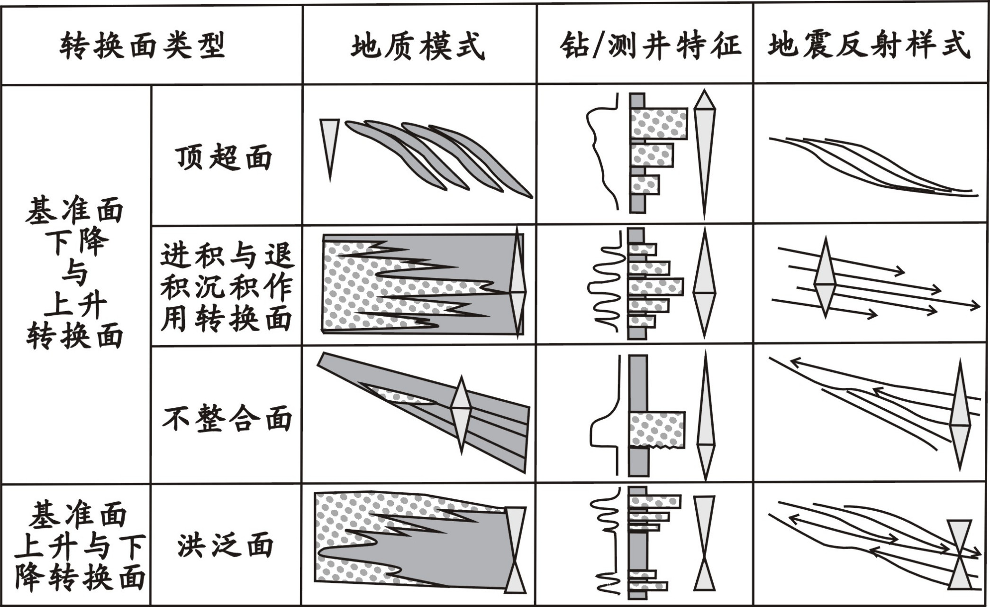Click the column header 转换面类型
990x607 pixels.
tap(142, 46)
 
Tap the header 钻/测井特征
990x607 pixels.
tap(650, 46)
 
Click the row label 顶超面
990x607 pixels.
tap(224, 157)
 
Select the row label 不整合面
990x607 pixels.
tap(227, 419)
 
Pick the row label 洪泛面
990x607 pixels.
tap(226, 545)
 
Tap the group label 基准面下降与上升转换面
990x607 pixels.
tap(75, 273)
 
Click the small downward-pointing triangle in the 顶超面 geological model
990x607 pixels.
tap(330, 142)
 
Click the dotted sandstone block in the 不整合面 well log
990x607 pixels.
tap(657, 430)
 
